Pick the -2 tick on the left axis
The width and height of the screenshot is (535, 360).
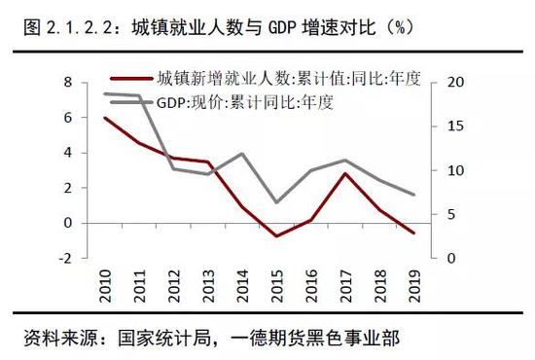point(67,258)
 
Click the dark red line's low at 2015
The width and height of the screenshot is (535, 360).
point(279,235)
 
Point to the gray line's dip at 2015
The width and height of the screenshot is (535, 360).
point(279,202)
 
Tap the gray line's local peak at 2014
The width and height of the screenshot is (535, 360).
point(243,154)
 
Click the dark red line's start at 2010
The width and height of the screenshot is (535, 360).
point(104,118)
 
